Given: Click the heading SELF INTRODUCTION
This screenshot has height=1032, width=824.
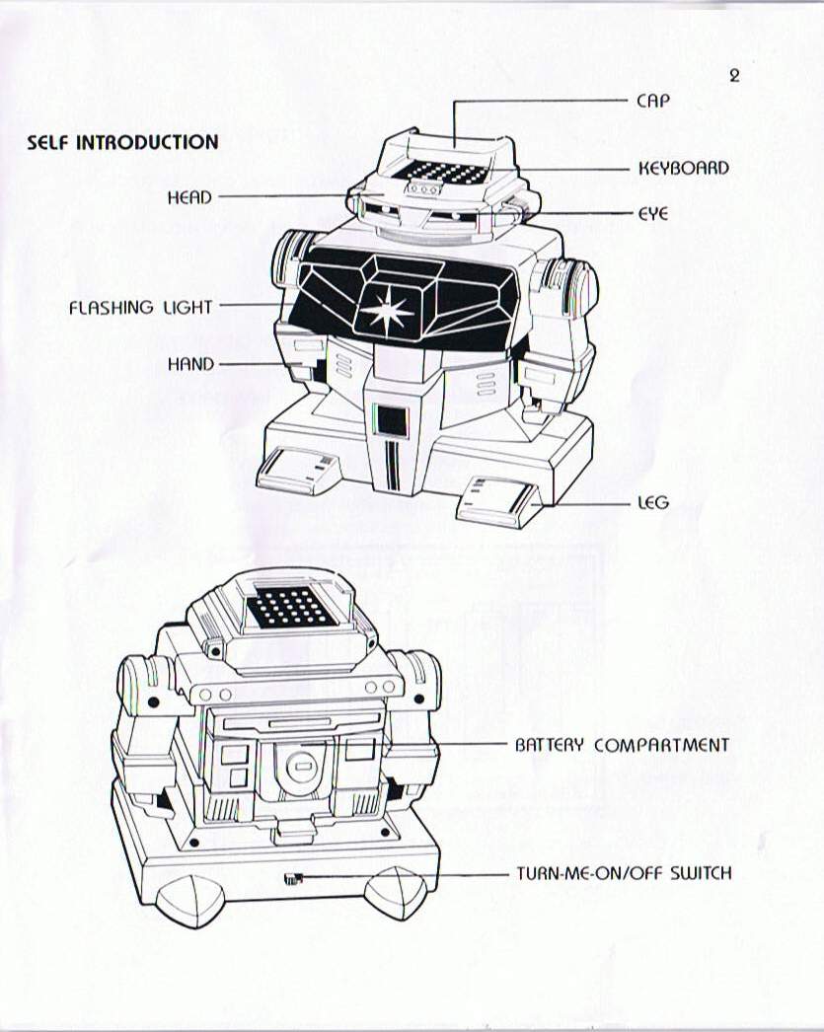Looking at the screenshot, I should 122,142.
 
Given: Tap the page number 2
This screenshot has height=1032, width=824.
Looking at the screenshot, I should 733,75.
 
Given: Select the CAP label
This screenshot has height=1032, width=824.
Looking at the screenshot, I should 654,101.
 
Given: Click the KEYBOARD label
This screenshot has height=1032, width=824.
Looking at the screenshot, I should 684,169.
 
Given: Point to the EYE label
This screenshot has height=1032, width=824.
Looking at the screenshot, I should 652,213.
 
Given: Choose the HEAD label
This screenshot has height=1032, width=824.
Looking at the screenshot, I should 189,197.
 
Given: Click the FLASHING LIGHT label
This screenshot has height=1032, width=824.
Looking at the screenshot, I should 140,308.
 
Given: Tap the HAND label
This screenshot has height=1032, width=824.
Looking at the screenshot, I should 190,364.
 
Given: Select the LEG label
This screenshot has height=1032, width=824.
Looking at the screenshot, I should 652,503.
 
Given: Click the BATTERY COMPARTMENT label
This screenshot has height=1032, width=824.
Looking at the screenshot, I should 622,745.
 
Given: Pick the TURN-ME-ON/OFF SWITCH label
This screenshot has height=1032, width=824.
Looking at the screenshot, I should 624,873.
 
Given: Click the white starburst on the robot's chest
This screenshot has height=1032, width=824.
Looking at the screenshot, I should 387,310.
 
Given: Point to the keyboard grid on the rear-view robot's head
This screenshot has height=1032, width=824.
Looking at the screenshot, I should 293,609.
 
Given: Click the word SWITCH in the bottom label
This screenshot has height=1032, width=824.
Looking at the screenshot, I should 701,873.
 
